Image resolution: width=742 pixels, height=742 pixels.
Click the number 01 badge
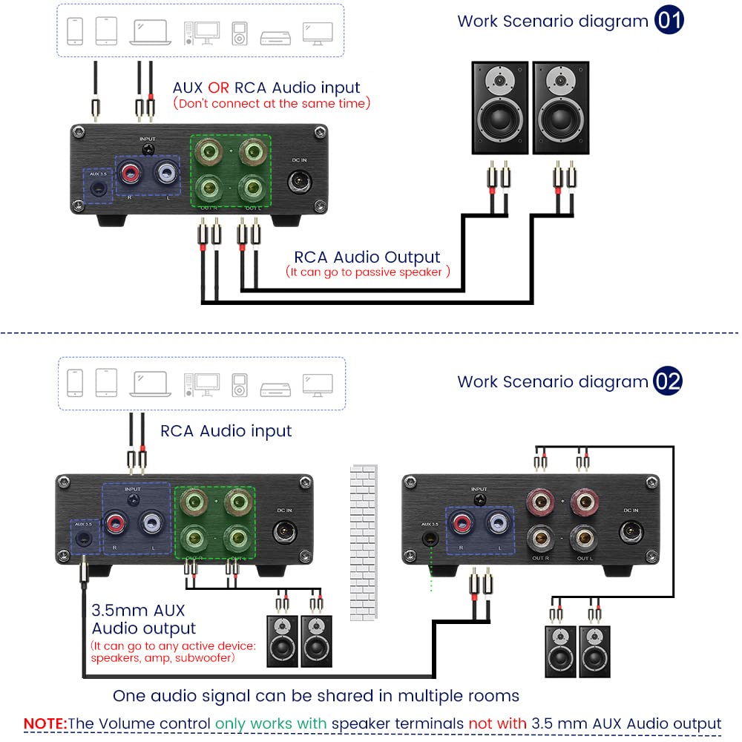[x=669, y=20]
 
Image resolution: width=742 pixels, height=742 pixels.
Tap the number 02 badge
[x=668, y=381]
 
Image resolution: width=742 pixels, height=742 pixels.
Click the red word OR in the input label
[x=219, y=88]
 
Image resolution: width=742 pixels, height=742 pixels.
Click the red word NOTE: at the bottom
[x=45, y=723]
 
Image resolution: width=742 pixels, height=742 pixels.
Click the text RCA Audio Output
[x=367, y=257]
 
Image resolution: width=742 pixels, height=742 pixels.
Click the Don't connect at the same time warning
[x=271, y=104]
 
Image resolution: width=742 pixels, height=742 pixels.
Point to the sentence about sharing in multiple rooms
[x=315, y=696]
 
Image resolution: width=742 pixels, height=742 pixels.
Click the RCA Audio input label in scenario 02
[x=226, y=431]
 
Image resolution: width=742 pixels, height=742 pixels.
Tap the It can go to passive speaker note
[x=368, y=272]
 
